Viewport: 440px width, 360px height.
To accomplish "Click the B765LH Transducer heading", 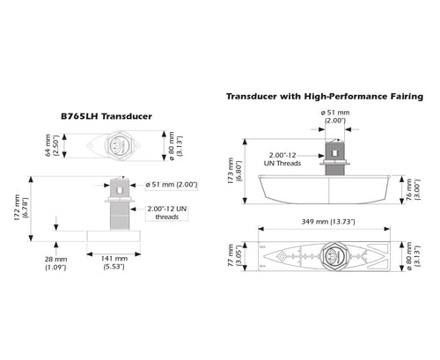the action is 106,116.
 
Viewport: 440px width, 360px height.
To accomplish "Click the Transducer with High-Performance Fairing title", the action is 325,97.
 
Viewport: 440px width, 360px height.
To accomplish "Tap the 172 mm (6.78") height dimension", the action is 21,208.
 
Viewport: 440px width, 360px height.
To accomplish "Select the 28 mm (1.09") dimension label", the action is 55,263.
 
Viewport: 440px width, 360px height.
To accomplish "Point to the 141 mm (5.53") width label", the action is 114,262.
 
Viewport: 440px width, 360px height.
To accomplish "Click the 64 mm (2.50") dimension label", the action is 52,145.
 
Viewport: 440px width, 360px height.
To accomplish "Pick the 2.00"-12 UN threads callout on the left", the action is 167,213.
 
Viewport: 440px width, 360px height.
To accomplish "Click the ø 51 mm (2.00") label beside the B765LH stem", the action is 172,185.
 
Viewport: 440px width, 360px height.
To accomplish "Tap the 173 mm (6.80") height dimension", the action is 235,171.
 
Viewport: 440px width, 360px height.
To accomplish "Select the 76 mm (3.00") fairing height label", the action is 413,189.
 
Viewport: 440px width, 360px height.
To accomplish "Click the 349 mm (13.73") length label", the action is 328,222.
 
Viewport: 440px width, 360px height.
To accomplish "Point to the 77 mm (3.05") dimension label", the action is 235,255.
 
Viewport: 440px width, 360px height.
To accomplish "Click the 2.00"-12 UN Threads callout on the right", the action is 282,159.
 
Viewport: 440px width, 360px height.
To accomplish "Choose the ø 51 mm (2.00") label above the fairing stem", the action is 335,116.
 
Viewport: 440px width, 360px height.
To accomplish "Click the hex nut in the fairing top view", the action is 334,256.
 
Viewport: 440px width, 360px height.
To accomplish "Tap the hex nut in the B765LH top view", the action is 119,145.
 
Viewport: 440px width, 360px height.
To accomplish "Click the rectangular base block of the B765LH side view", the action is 114,236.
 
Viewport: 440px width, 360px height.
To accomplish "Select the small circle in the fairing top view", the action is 282,256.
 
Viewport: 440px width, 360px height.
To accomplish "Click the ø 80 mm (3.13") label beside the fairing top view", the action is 413,256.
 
